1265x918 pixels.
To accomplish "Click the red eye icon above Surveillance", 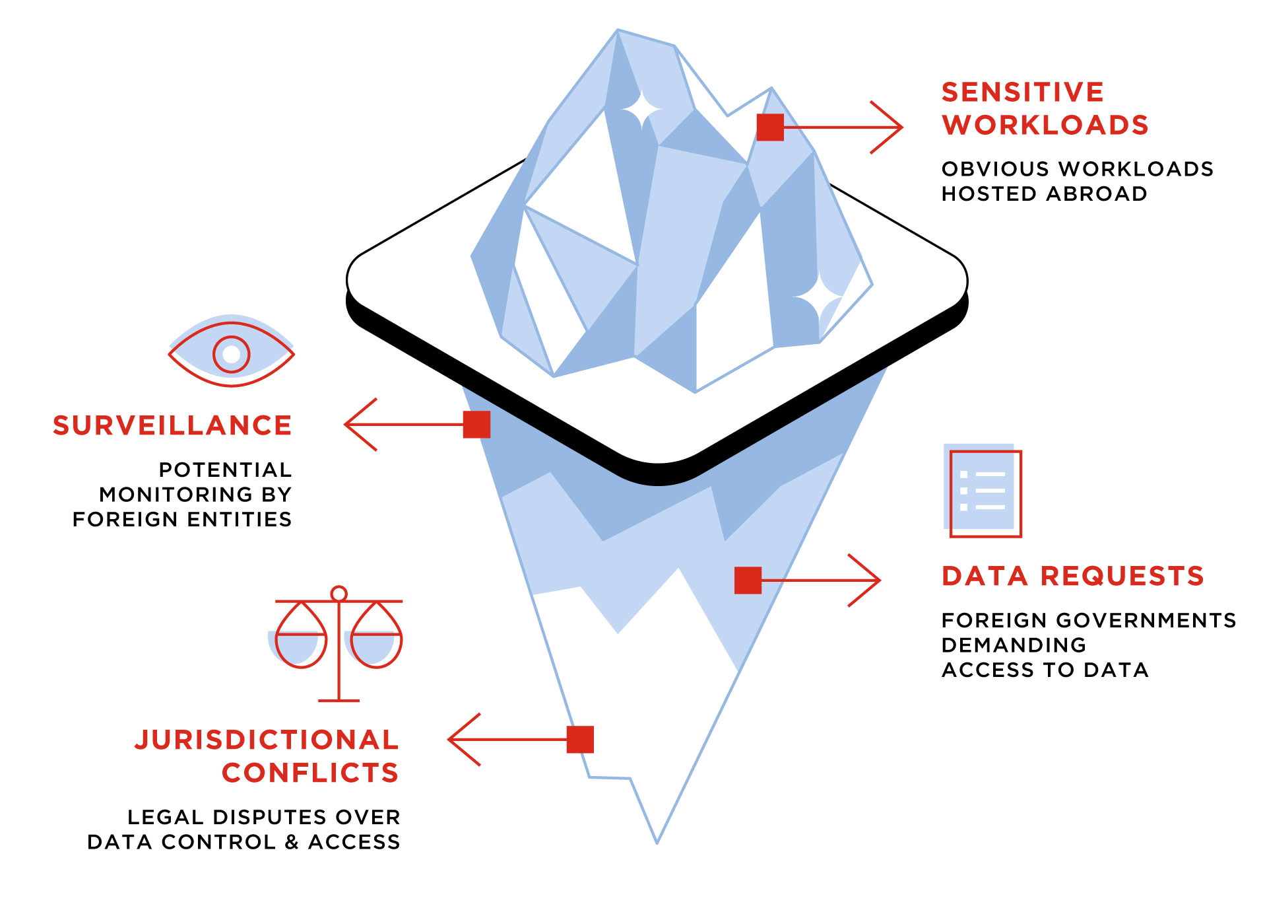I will click(231, 353).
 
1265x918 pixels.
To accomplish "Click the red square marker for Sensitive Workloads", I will click(770, 127).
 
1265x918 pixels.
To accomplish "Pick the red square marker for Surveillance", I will click(476, 424).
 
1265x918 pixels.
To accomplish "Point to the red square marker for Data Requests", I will click(748, 580).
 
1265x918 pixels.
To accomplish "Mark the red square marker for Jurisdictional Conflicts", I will click(580, 739).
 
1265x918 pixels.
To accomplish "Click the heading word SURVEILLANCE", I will click(172, 425).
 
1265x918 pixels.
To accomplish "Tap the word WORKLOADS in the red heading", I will click(1045, 125).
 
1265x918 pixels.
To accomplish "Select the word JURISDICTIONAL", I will click(267, 740).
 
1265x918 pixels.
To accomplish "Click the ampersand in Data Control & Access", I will click(292, 842).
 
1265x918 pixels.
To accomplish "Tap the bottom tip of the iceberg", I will click(657, 841).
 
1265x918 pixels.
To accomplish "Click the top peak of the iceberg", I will click(618, 31).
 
